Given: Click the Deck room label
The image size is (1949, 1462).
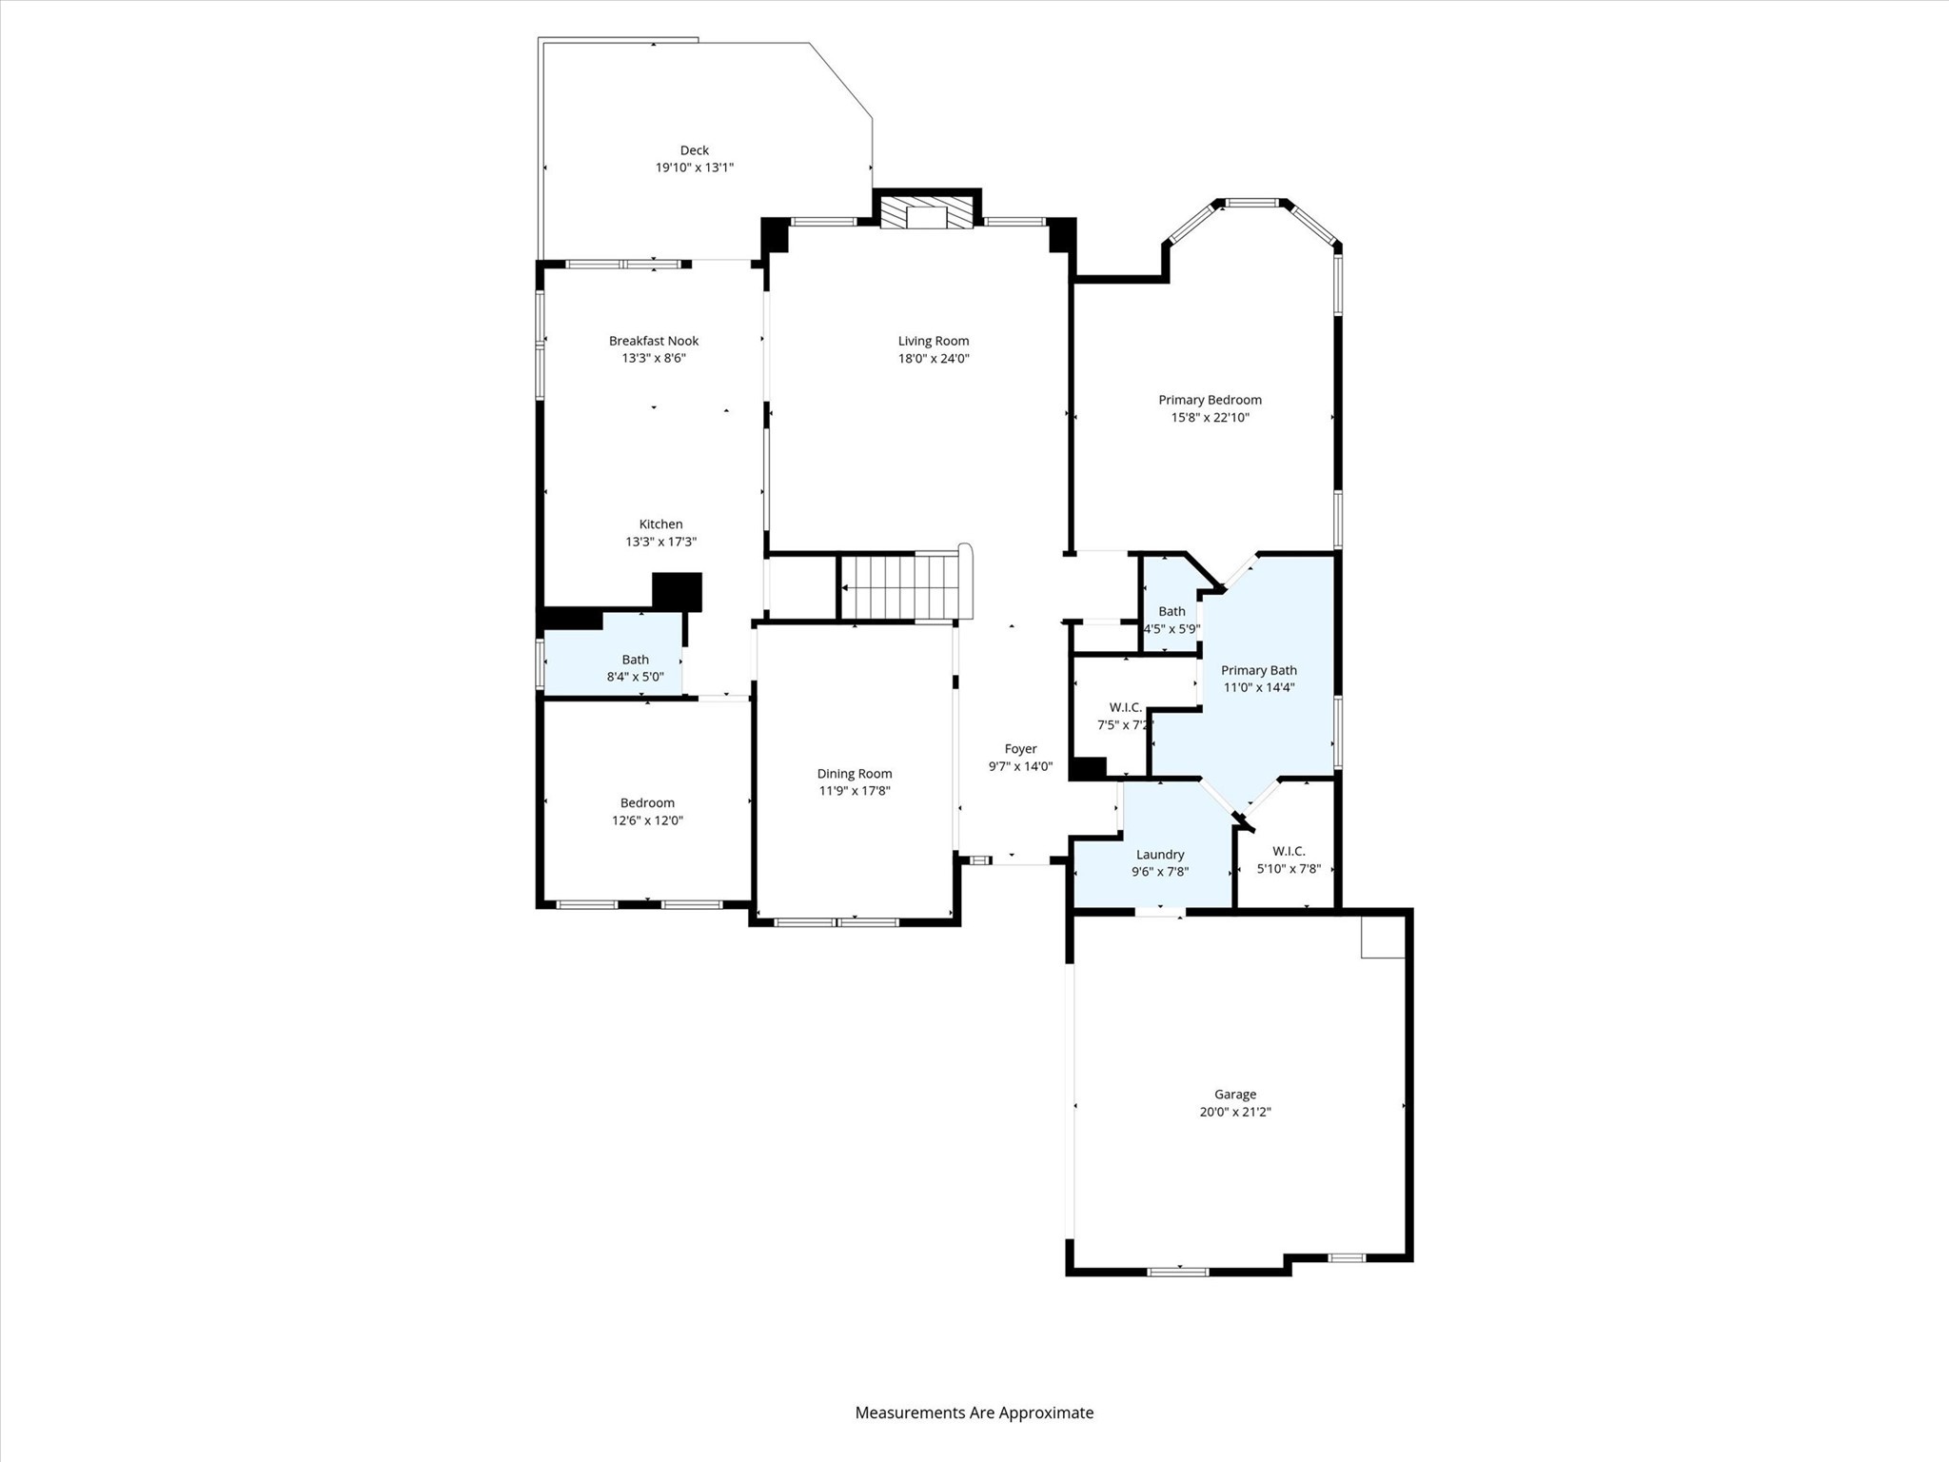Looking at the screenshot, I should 694,150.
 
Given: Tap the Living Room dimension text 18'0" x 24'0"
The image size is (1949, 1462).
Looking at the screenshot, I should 933,359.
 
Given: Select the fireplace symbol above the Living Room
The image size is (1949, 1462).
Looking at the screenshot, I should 927,213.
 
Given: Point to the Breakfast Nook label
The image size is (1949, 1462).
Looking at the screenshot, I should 654,341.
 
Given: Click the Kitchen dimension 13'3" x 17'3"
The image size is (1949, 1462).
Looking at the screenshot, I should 660,542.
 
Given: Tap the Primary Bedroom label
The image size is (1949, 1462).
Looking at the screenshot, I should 1210,400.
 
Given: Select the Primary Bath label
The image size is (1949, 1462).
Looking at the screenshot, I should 1258,670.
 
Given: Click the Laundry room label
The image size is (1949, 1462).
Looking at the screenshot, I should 1159,855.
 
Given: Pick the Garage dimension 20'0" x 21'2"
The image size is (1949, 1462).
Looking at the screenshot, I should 1234,1112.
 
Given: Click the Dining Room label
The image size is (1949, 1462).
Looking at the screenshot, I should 854,774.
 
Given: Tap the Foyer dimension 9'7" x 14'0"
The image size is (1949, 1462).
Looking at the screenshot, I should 1020,766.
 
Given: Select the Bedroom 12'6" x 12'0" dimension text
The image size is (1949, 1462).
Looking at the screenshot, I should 647,820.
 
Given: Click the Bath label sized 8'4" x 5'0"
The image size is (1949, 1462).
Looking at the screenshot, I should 635,660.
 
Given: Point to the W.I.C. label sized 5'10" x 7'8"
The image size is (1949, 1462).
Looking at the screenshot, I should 1288,851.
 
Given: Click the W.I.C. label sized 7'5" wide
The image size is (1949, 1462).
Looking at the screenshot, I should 1125,707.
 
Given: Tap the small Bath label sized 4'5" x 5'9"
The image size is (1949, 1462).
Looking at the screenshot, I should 1171,611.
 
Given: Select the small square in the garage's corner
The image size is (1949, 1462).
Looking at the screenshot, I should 1382,938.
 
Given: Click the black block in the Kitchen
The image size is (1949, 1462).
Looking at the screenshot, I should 677,591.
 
